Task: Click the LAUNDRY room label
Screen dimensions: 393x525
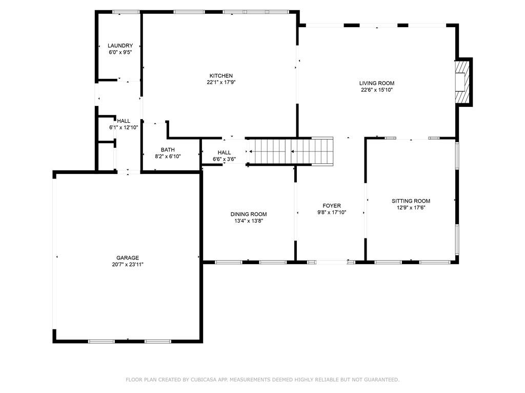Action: pyautogui.click(x=120, y=46)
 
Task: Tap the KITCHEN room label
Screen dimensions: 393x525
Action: pyautogui.click(x=220, y=76)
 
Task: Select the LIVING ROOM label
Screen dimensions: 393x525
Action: pyautogui.click(x=377, y=83)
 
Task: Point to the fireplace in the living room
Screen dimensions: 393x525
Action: pyautogui.click(x=463, y=82)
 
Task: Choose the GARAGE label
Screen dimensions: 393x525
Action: pyautogui.click(x=127, y=258)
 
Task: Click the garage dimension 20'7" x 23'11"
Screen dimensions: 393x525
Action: pyautogui.click(x=127, y=265)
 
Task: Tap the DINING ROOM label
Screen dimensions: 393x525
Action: pyautogui.click(x=248, y=214)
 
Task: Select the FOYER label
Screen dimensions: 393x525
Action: pyautogui.click(x=332, y=206)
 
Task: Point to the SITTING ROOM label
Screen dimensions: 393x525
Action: pyautogui.click(x=411, y=201)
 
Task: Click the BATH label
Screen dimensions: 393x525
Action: pyautogui.click(x=168, y=150)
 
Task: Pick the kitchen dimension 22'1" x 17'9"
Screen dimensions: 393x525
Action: pyautogui.click(x=220, y=82)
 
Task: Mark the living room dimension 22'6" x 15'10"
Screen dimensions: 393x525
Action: pyautogui.click(x=377, y=90)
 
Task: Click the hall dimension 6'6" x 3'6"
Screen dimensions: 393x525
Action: pyautogui.click(x=224, y=159)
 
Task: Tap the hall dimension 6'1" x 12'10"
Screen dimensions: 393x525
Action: pyautogui.click(x=124, y=127)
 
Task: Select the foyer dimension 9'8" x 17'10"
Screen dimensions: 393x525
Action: pyautogui.click(x=332, y=212)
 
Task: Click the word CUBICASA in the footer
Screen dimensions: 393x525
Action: pyautogui.click(x=206, y=380)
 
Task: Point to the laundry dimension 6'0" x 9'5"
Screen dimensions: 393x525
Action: pyautogui.click(x=120, y=52)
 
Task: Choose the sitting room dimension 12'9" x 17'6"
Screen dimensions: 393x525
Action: pyautogui.click(x=411, y=208)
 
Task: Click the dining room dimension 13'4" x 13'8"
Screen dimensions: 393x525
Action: pyautogui.click(x=248, y=221)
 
